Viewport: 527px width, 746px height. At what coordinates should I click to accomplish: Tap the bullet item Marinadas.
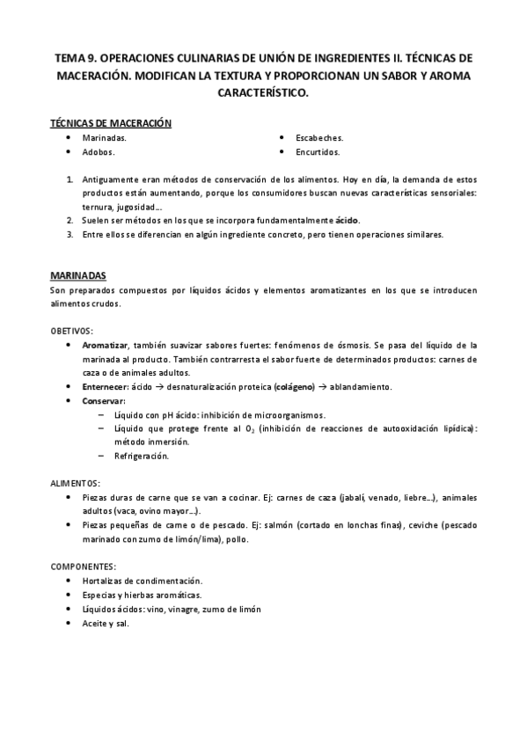click(104, 138)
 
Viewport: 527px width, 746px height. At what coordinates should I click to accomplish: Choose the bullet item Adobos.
click(99, 151)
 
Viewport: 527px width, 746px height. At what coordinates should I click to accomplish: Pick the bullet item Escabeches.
click(318, 138)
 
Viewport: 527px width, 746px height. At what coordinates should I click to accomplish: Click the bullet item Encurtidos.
click(318, 151)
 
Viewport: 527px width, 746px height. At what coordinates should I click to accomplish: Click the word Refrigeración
click(141, 456)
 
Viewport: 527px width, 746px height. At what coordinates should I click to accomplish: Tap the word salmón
click(311, 525)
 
